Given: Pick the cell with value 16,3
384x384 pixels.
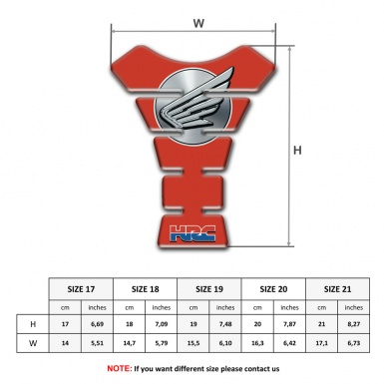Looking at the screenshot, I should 258,344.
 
